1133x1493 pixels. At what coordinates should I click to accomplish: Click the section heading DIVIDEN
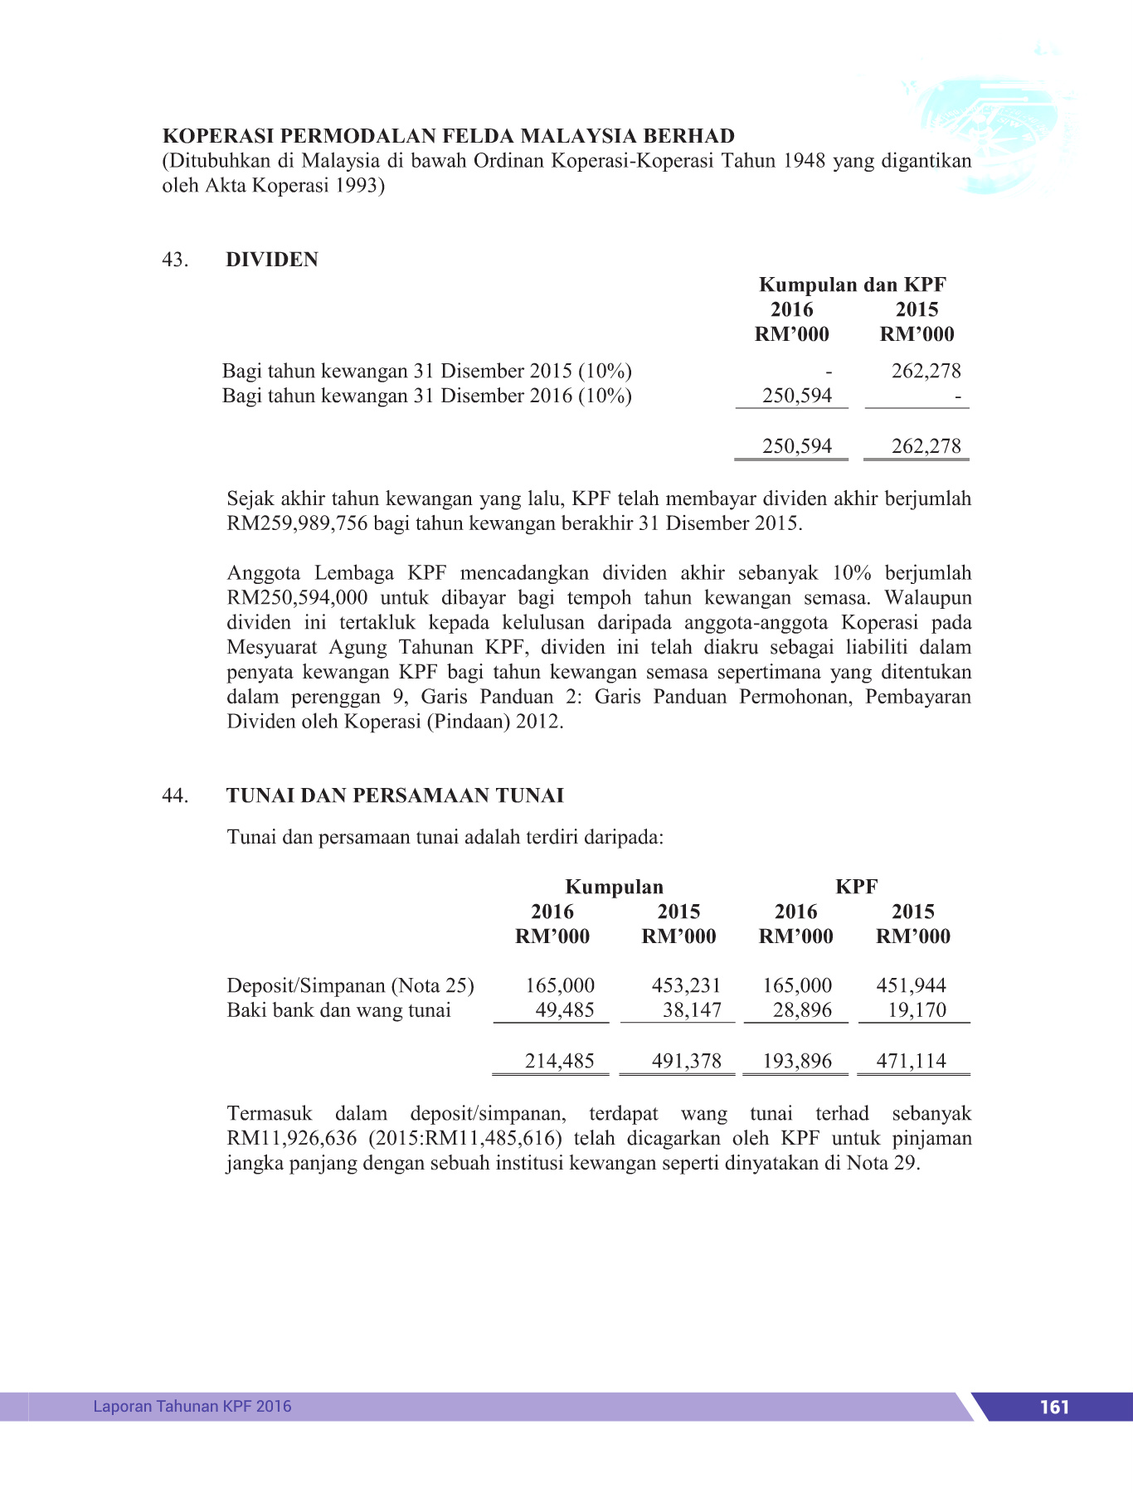coord(272,260)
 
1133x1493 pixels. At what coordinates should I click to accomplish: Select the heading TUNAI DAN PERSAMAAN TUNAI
coord(395,795)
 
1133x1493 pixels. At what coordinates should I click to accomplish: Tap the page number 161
coord(1054,1407)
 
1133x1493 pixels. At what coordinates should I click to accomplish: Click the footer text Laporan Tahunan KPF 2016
coord(192,1406)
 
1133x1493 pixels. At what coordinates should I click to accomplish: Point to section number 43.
coord(175,260)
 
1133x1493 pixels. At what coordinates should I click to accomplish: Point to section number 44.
coord(175,795)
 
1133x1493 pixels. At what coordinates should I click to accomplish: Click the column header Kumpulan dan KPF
coord(852,284)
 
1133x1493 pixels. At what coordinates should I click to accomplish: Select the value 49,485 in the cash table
coord(565,1010)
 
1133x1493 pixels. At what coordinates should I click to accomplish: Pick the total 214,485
coord(560,1061)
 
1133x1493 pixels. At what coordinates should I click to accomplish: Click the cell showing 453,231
coord(686,985)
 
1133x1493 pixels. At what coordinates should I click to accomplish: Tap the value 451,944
coord(911,985)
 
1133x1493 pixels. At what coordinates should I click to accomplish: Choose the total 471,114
coord(911,1061)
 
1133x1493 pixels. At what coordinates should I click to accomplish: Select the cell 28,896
coord(797,1010)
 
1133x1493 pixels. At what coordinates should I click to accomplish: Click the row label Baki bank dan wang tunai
coord(338,1010)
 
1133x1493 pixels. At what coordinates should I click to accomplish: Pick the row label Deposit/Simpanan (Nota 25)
coord(350,985)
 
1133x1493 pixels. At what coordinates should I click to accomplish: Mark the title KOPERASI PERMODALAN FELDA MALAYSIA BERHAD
coord(448,136)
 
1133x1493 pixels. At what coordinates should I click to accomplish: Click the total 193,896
coord(797,1061)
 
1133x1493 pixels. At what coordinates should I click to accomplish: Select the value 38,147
coord(692,1010)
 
